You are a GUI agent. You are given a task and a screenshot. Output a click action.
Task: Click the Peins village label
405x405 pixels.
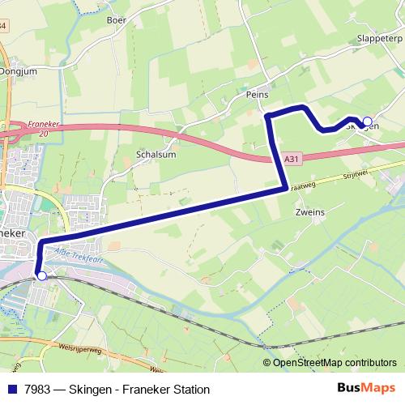(x=257, y=95)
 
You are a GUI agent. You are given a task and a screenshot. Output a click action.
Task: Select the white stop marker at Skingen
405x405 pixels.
(x=367, y=122)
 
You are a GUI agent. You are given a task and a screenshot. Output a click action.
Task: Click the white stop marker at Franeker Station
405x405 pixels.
(x=41, y=275)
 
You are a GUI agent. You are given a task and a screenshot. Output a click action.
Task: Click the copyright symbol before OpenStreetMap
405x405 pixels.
(x=267, y=363)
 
